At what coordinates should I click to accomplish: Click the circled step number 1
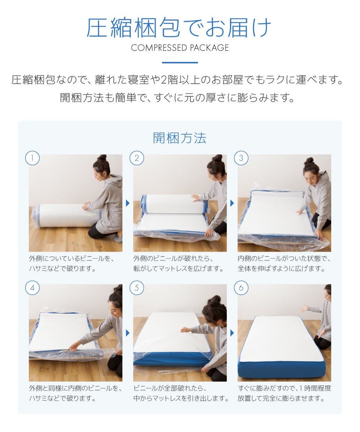click(32, 158)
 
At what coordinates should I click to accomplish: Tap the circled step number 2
click(137, 158)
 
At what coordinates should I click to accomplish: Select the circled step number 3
click(241, 158)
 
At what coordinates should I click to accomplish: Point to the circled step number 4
click(32, 288)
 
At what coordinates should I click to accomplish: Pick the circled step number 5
click(137, 288)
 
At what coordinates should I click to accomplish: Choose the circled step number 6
click(241, 288)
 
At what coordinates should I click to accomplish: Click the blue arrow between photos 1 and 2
click(127, 203)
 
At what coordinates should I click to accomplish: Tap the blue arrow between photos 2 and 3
click(232, 203)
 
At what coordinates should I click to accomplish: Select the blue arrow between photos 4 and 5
click(127, 333)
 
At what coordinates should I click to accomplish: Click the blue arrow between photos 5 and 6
click(232, 333)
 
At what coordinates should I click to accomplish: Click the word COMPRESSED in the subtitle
click(159, 48)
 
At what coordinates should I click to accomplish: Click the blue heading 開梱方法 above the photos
click(180, 138)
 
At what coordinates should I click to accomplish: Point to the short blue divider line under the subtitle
click(180, 63)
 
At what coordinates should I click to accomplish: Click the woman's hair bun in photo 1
click(102, 158)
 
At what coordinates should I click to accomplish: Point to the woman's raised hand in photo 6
click(305, 308)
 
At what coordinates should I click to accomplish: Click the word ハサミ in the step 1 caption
click(37, 269)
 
